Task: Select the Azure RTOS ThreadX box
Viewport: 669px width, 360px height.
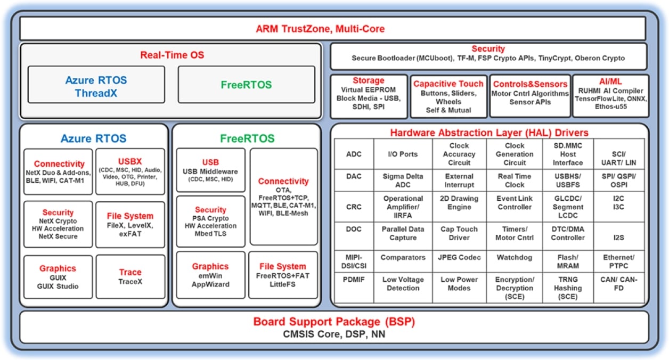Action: (96, 85)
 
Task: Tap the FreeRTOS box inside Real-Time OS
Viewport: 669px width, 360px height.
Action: (246, 85)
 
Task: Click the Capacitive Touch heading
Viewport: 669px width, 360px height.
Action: (448, 84)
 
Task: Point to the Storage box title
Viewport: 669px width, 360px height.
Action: (368, 80)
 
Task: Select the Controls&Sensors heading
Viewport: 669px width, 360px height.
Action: (530, 84)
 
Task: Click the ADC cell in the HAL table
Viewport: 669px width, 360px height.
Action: (354, 154)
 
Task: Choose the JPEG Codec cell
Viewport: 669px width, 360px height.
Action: (459, 257)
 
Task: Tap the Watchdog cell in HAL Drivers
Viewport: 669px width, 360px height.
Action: (514, 257)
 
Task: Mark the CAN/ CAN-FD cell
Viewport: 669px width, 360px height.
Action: (619, 283)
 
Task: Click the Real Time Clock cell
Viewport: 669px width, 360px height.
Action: (514, 181)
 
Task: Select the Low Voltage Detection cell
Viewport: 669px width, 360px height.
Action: (403, 283)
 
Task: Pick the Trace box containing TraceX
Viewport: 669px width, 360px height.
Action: (130, 276)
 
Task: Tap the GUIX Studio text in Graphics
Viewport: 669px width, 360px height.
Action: (58, 286)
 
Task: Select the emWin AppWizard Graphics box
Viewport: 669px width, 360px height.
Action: (210, 275)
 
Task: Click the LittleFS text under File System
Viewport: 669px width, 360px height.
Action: (282, 284)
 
